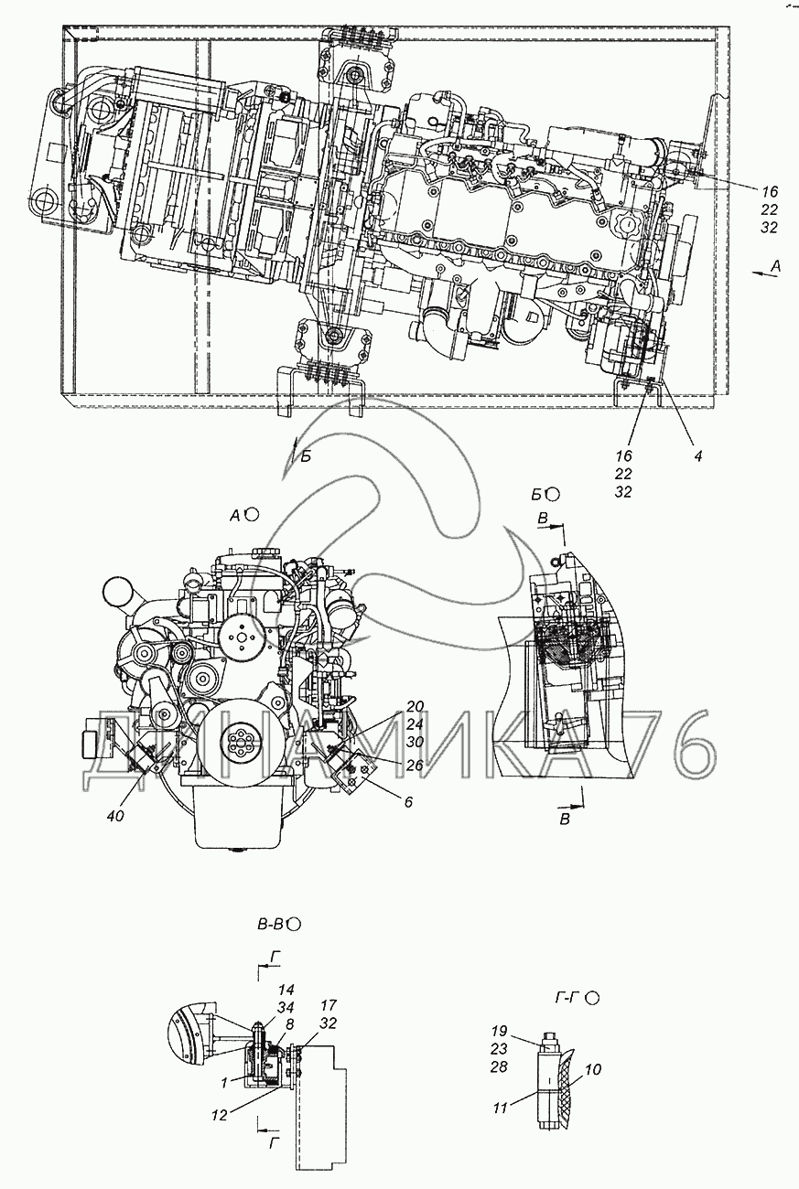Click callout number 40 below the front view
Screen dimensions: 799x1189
[x=115, y=815]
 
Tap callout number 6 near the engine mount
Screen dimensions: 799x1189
[x=408, y=801]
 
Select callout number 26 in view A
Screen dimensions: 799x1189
[x=415, y=765]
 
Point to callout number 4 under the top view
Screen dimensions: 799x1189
[x=698, y=455]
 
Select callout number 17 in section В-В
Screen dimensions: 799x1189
[x=329, y=1005]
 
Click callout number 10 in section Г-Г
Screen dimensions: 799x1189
[x=593, y=1069]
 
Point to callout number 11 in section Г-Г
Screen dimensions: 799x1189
[x=500, y=1108]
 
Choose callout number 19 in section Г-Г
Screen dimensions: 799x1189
[x=500, y=1031]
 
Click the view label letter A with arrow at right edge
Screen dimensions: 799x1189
[x=775, y=267]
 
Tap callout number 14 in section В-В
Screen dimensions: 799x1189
[x=286, y=990]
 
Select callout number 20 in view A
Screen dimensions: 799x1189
[x=415, y=706]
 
